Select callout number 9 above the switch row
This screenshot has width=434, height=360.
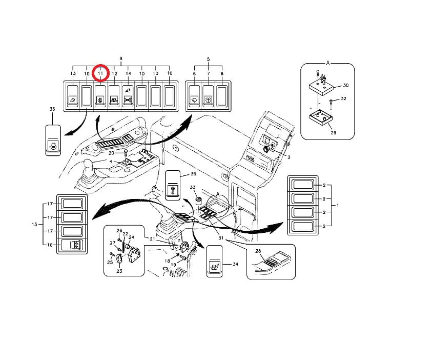click(121, 59)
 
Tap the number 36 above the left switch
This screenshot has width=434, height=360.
click(52, 109)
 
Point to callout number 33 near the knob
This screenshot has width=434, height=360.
click(193, 188)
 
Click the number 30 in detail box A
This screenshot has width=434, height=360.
click(345, 85)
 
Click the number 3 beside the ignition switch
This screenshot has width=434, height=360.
click(288, 156)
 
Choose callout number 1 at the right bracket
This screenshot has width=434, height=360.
click(337, 205)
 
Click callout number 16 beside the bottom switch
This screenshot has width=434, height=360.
click(50, 245)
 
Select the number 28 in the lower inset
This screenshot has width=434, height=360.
click(258, 251)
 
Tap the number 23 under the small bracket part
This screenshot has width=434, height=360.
click(119, 271)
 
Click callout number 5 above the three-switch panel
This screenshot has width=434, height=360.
click(209, 59)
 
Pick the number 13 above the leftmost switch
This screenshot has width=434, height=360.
click(73, 74)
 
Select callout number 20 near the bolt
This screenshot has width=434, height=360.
click(111, 153)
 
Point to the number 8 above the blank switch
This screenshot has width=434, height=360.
click(221, 74)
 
